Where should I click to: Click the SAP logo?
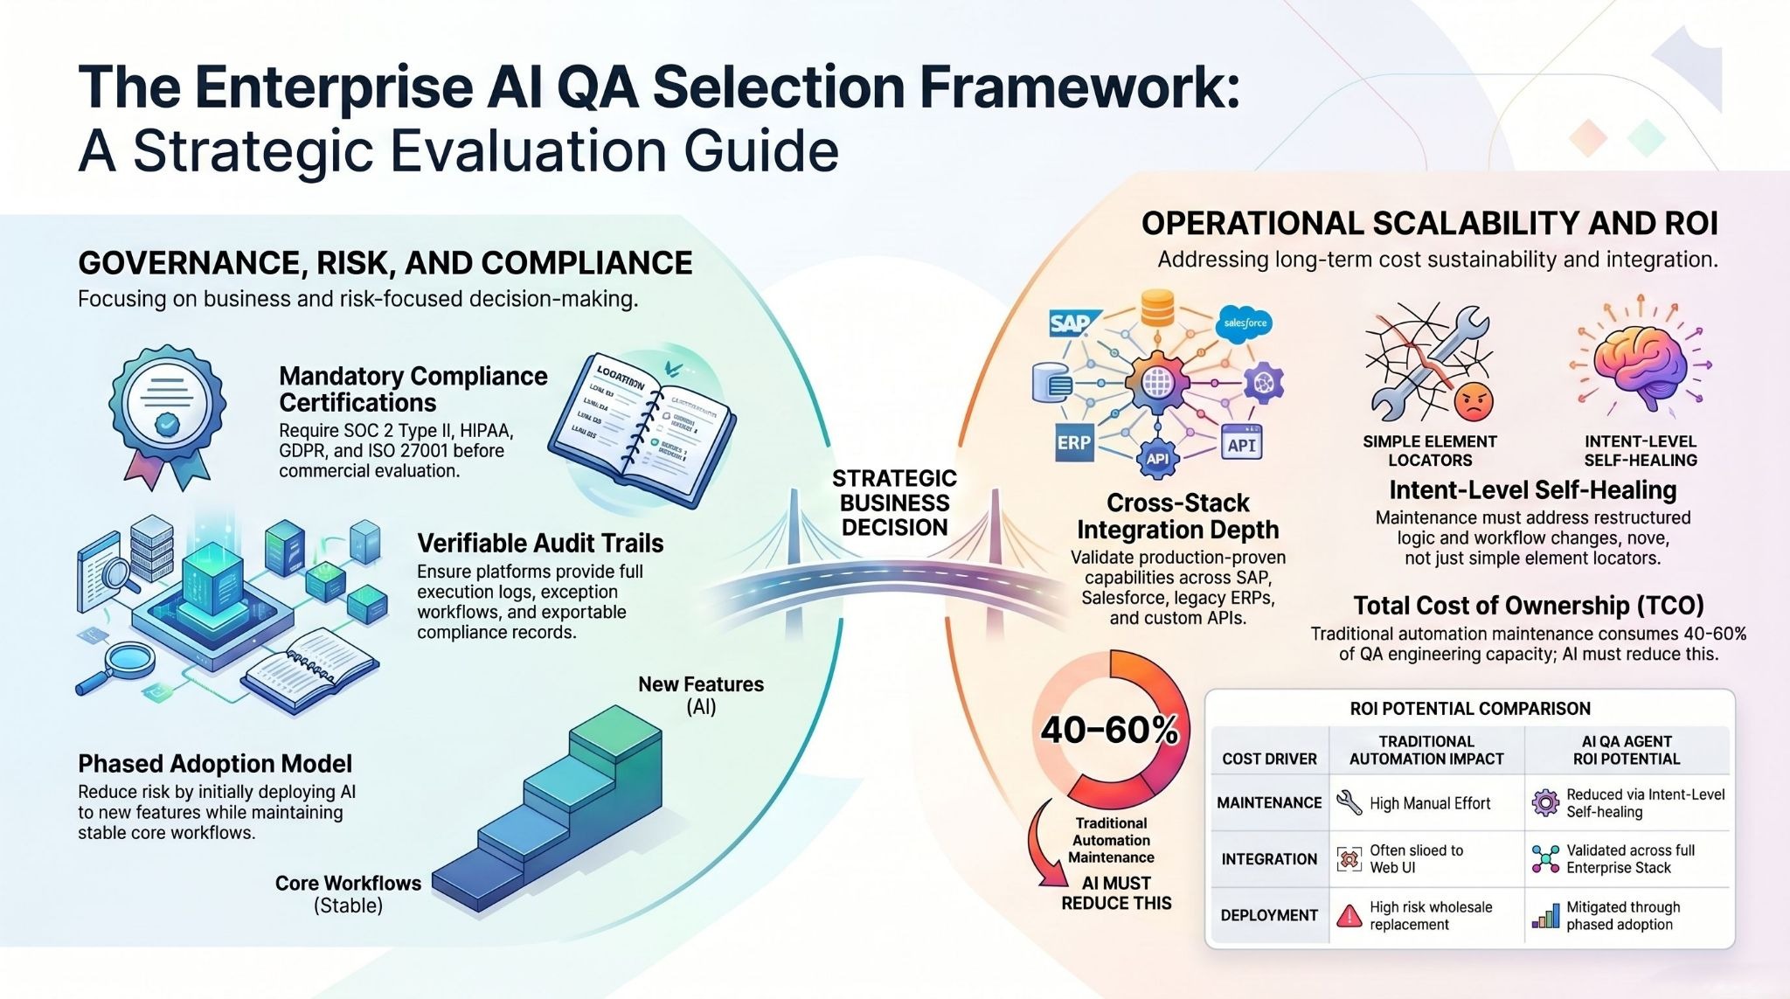pyautogui.click(x=1070, y=323)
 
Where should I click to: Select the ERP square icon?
pyautogui.click(x=1073, y=442)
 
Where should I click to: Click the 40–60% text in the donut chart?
pyautogui.click(x=1109, y=731)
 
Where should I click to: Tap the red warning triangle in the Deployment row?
pyautogui.click(x=1349, y=915)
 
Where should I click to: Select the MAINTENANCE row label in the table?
pyautogui.click(x=1269, y=802)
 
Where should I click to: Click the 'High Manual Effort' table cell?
pyautogui.click(x=1429, y=803)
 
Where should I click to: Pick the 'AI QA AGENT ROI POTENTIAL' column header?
pyautogui.click(x=1627, y=750)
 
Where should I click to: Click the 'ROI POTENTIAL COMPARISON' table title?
pyautogui.click(x=1470, y=708)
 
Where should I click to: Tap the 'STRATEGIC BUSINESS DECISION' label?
pyautogui.click(x=894, y=503)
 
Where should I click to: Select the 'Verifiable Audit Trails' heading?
pyautogui.click(x=540, y=543)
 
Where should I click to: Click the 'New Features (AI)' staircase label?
pyautogui.click(x=701, y=695)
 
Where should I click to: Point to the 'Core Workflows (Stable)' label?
pyautogui.click(x=348, y=893)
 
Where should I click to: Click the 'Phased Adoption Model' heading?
pyautogui.click(x=215, y=763)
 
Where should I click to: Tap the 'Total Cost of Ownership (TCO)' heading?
pyautogui.click(x=1529, y=605)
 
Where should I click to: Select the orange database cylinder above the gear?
pyautogui.click(x=1157, y=308)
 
